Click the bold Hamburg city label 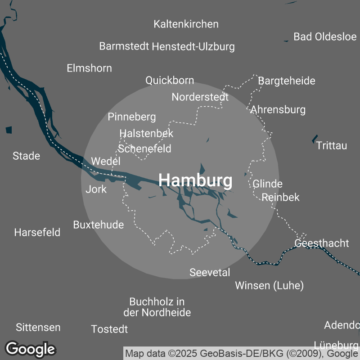tap(196, 180)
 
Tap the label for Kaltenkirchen tap(186, 24)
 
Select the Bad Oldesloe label tap(325, 36)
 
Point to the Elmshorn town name tap(89, 68)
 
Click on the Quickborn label tap(170, 81)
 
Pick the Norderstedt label tap(200, 97)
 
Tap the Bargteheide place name tap(287, 81)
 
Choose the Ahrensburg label tap(278, 109)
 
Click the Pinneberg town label tap(132, 117)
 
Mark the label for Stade tap(26, 156)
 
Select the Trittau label tap(332, 146)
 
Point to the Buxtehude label tap(99, 225)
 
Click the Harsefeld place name tap(37, 233)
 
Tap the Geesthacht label tap(322, 243)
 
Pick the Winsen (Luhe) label tap(270, 285)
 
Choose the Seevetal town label tap(210, 272)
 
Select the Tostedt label tap(109, 329)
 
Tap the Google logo tap(31, 349)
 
